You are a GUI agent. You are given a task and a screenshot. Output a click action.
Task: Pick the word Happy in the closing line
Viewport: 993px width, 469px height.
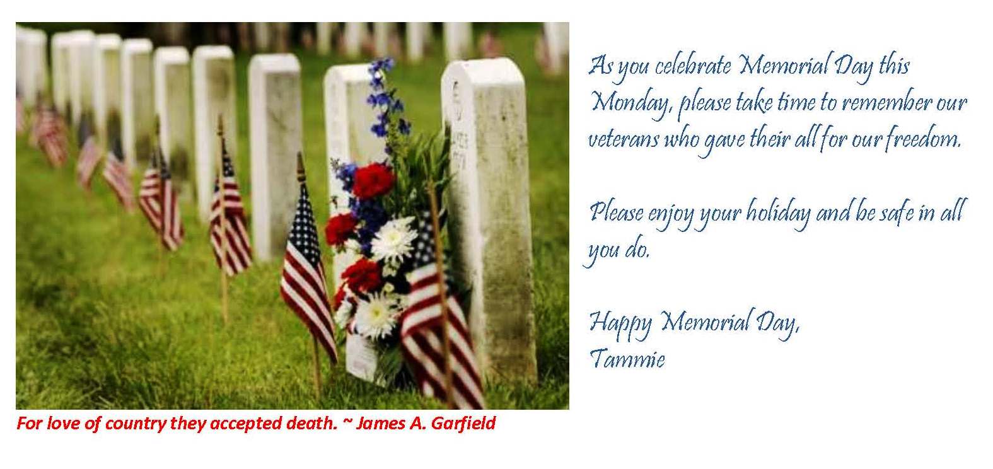coord(620,323)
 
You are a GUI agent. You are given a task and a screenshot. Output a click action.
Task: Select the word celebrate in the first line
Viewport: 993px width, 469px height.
coord(693,66)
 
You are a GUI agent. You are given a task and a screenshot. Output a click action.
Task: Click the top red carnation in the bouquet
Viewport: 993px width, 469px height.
coord(373,180)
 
